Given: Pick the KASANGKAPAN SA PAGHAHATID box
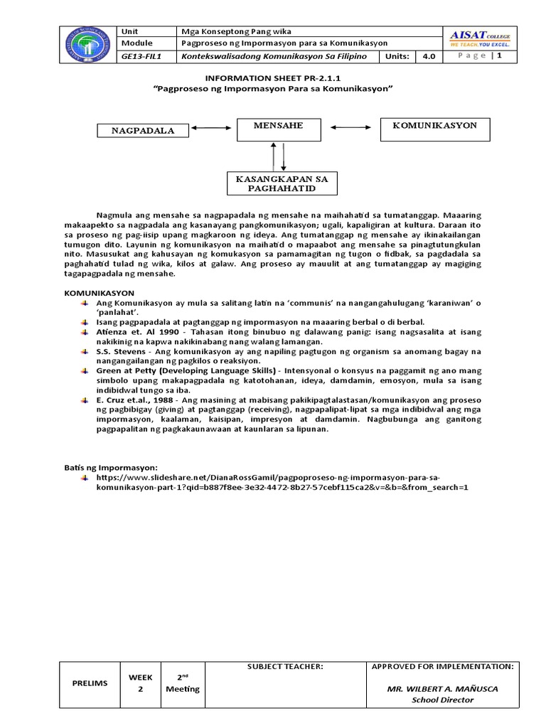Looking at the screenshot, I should click(x=282, y=183).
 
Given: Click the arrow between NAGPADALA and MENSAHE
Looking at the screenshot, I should click(x=213, y=129).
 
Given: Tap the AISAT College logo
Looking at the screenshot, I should click(x=481, y=38).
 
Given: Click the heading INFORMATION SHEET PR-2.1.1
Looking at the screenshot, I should click(x=273, y=77).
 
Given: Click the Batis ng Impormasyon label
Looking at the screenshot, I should click(x=110, y=467).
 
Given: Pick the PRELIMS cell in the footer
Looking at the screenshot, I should click(x=90, y=683).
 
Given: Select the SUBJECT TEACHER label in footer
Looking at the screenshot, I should click(x=285, y=667).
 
